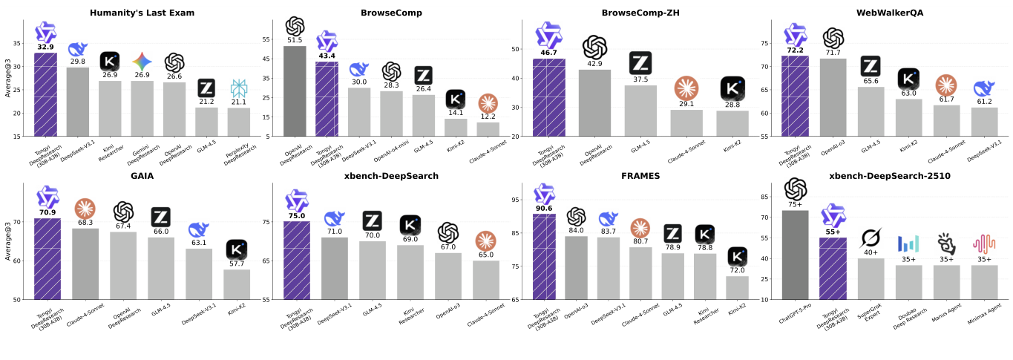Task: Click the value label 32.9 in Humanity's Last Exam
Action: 45,47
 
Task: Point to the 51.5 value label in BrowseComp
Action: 295,40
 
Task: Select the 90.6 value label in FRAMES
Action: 544,209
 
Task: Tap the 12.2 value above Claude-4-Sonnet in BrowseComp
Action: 488,117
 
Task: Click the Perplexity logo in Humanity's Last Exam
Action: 239,89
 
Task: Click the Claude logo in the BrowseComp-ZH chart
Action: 687,88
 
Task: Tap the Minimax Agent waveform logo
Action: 984,243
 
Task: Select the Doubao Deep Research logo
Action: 908,243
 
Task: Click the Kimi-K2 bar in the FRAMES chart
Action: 737,287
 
